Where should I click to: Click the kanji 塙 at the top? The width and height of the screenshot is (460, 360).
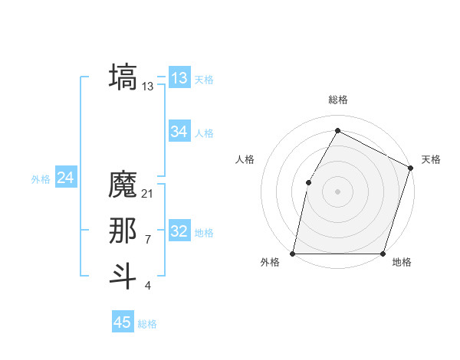pyautogui.click(x=123, y=78)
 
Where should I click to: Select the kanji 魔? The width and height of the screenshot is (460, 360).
pyautogui.click(x=123, y=185)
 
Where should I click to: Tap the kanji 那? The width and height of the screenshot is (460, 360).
pyautogui.click(x=123, y=231)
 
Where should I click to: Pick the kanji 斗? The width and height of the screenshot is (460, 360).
pyautogui.click(x=123, y=277)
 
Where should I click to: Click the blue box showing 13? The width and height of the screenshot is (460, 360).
pyautogui.click(x=179, y=78)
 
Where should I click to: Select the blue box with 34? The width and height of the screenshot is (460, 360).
pyautogui.click(x=179, y=132)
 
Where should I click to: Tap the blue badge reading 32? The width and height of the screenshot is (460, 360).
pyautogui.click(x=179, y=231)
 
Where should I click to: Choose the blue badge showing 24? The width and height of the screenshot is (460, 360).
pyautogui.click(x=66, y=178)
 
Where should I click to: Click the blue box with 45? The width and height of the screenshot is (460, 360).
pyautogui.click(x=123, y=322)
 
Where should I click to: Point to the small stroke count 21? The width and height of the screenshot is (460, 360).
pyautogui.click(x=148, y=194)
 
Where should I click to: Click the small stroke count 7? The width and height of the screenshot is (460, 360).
pyautogui.click(x=147, y=240)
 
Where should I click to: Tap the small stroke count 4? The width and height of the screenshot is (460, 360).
pyautogui.click(x=147, y=286)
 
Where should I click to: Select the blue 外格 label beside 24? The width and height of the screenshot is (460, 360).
pyautogui.click(x=41, y=179)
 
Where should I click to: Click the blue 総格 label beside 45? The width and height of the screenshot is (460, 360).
pyautogui.click(x=147, y=324)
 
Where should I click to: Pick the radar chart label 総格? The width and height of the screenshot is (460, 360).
pyautogui.click(x=337, y=100)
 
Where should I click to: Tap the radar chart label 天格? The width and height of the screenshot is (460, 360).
pyautogui.click(x=431, y=159)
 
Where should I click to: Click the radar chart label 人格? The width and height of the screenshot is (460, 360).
pyautogui.click(x=245, y=159)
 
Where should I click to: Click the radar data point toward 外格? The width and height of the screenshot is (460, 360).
pyautogui.click(x=293, y=253)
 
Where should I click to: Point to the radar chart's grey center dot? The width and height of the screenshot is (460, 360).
pyautogui.click(x=337, y=191)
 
